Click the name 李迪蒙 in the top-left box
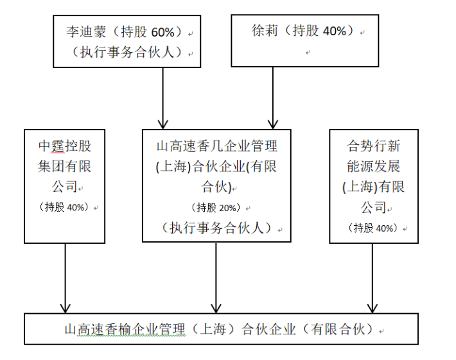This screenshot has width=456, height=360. pyautogui.click(x=86, y=31)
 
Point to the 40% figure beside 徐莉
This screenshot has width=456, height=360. pyautogui.click(x=335, y=31)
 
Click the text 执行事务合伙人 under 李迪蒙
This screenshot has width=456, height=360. pyautogui.click(x=127, y=53)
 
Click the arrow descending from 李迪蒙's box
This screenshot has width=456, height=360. pyautogui.click(x=163, y=98)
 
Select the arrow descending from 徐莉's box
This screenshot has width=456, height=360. pyautogui.click(x=273, y=98)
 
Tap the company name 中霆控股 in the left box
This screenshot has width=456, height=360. pyautogui.click(x=65, y=146)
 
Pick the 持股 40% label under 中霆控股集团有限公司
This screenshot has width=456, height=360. pyautogui.click(x=65, y=207)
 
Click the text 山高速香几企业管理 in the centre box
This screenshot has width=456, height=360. pyautogui.click(x=216, y=146)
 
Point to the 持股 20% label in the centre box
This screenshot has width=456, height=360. pyautogui.click(x=216, y=208)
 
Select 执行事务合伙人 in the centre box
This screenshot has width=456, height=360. pyautogui.click(x=216, y=228)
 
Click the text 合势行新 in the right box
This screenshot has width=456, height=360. pyautogui.click(x=374, y=146)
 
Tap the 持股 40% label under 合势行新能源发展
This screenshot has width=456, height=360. pyautogui.click(x=373, y=228)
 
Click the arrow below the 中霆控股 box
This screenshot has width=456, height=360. pyautogui.click(x=65, y=279)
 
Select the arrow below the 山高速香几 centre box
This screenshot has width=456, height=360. pyautogui.click(x=216, y=278)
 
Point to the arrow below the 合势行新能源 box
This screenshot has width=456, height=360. pyautogui.click(x=373, y=279)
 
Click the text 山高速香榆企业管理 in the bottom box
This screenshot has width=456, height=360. pyautogui.click(x=125, y=329)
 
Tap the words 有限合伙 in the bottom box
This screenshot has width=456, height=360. pyautogui.click(x=338, y=329)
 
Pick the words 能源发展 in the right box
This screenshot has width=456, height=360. pyautogui.click(x=374, y=166)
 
